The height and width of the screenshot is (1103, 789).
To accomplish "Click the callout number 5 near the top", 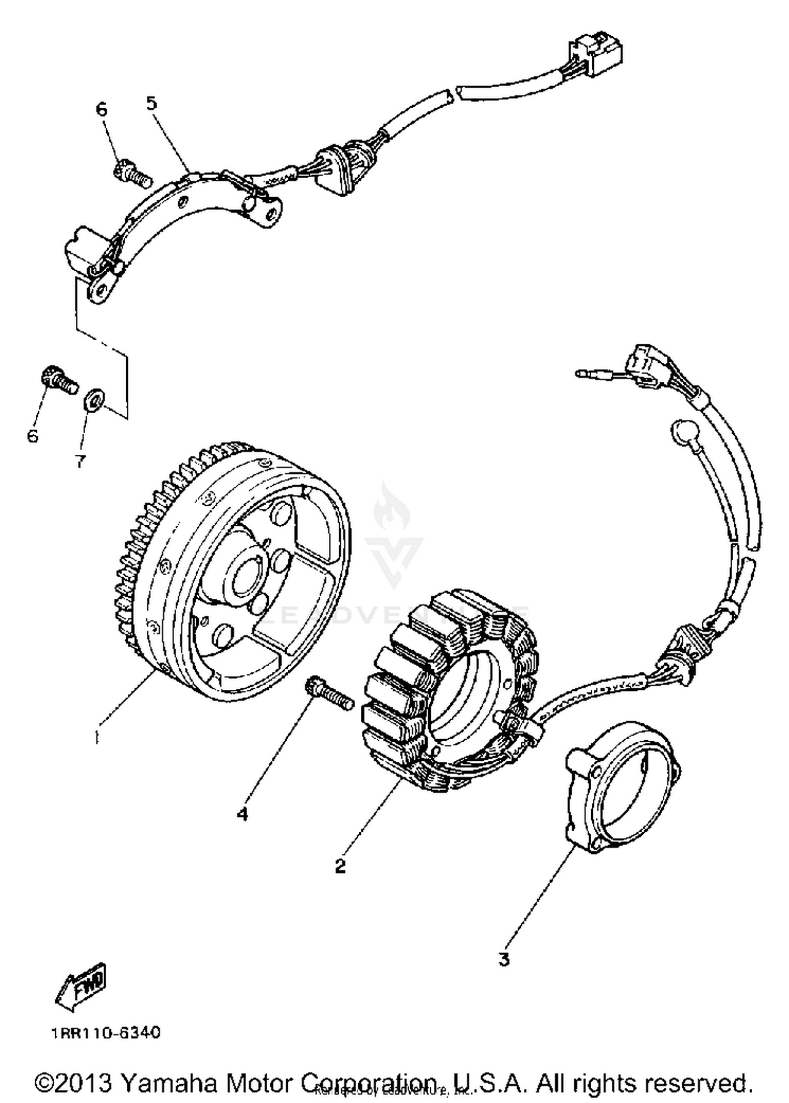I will tap(151, 103).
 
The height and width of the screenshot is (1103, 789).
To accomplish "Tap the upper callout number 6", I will tap(102, 109).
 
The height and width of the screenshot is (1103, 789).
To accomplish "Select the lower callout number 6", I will tap(33, 436).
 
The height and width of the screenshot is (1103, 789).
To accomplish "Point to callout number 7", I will tap(80, 462).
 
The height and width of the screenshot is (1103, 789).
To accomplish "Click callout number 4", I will tap(242, 814).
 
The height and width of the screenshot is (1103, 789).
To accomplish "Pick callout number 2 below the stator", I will tap(341, 865).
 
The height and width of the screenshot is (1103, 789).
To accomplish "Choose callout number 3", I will tap(504, 959).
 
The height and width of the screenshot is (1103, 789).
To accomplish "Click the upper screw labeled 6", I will tap(131, 174).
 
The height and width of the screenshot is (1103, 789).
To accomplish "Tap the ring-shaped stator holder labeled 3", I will tap(621, 789).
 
